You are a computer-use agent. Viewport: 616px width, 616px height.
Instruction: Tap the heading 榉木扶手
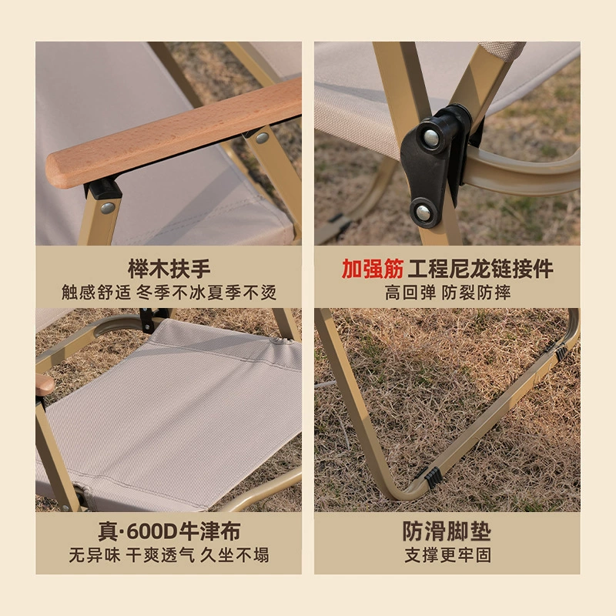[x=169, y=269]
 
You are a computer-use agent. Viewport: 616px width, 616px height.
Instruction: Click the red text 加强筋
[x=373, y=269]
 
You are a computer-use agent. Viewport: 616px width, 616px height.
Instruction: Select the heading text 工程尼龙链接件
[x=480, y=269]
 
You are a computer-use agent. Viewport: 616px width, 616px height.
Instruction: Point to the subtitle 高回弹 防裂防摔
[x=447, y=293]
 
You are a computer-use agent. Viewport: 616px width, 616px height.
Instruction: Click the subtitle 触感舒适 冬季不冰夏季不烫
[x=169, y=293]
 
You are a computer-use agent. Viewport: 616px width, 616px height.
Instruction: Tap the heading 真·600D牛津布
[x=169, y=531]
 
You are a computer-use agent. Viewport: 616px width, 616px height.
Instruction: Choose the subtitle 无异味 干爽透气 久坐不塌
[x=169, y=555]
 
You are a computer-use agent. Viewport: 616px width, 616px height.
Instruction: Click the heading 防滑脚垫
[x=447, y=531]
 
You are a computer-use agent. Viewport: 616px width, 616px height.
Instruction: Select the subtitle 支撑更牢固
[x=447, y=555]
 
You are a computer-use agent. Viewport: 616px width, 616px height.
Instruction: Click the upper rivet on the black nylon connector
[x=431, y=137]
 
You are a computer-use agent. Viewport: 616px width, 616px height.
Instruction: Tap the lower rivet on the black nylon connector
[x=423, y=213]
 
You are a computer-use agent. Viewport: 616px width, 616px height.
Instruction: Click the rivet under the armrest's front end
[x=107, y=208]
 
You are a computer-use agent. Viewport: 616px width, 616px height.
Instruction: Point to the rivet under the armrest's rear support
[x=262, y=138]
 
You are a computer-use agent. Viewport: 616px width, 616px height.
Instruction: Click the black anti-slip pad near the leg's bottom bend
[x=434, y=477]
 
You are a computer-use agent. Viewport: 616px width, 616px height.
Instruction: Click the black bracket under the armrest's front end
[x=103, y=189]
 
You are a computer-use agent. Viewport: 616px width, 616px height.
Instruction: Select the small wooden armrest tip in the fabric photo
[x=45, y=384]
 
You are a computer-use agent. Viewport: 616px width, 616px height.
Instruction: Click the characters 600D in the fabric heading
[x=152, y=532]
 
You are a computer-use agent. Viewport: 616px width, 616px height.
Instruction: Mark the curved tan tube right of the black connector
[x=523, y=172]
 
